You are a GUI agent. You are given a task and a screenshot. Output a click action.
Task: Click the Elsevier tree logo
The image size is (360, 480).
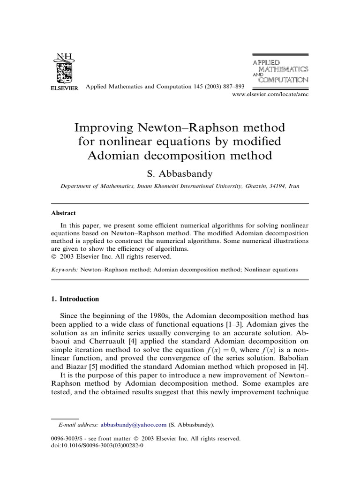64,68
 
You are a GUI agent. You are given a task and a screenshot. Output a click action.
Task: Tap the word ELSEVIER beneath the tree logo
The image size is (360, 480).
64,88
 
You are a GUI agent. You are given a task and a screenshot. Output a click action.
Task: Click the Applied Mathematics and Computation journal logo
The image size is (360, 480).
280,71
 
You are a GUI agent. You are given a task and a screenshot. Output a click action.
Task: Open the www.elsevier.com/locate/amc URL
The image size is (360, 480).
270,94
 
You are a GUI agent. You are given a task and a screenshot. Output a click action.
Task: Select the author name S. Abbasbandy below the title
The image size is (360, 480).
180,173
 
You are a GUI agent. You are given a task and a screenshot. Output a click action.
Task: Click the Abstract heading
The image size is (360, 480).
63,212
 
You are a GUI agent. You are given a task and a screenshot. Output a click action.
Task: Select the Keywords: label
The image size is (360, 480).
64,270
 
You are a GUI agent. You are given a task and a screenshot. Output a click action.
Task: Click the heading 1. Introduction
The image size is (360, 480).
75,299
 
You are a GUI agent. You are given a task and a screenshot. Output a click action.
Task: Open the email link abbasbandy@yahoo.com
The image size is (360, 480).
134,425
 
